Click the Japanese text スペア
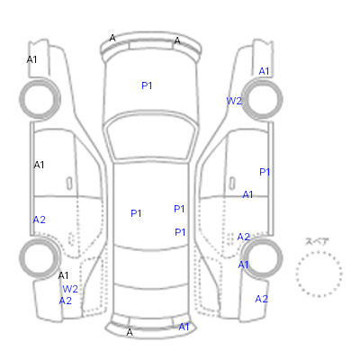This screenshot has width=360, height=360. click(317, 241)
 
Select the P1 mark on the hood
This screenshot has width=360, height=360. click(147, 85)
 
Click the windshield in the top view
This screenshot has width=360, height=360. click(152, 136)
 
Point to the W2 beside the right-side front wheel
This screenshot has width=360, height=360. click(234, 101)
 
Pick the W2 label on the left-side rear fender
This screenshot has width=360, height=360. click(70, 289)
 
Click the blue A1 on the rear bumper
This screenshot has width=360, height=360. click(184, 327)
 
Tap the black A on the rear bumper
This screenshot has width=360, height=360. click(130, 332)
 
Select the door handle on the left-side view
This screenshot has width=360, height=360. click(69, 184)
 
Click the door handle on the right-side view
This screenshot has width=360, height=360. click(232, 184)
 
